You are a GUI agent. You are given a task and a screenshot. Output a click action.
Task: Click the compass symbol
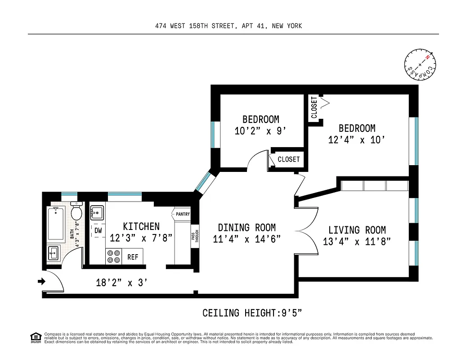pyautogui.click(x=421, y=65)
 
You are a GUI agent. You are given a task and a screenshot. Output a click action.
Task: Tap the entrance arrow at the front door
pyautogui.click(x=41, y=282)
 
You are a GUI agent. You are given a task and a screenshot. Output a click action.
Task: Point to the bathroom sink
pyautogui.click(x=53, y=253)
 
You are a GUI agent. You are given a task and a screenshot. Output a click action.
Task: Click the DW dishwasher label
pyautogui.click(x=98, y=230)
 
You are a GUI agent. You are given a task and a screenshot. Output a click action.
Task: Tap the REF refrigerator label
pyautogui.click(x=133, y=257)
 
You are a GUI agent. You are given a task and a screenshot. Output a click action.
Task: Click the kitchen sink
pyautogui.click(x=97, y=211)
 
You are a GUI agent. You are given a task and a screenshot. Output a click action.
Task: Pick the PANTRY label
pyautogui.click(x=183, y=214)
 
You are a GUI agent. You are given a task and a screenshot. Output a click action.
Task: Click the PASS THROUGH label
pyautogui.click(x=194, y=237)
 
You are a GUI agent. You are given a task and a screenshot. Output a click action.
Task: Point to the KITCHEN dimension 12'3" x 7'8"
pyautogui.click(x=141, y=238)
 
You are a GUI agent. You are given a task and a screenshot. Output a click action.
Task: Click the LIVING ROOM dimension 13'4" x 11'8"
pyautogui.click(x=357, y=242)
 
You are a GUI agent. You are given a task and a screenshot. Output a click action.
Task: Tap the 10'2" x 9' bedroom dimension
pyautogui.click(x=260, y=131)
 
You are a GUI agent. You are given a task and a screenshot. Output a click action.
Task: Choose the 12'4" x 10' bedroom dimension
pyautogui.click(x=357, y=140)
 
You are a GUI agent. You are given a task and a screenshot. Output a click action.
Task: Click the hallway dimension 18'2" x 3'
pyautogui.click(x=121, y=283)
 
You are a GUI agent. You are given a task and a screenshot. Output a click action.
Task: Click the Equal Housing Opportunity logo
pyautogui.click(x=35, y=337)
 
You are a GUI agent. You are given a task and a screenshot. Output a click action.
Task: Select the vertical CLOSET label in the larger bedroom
pyautogui.click(x=314, y=108)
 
